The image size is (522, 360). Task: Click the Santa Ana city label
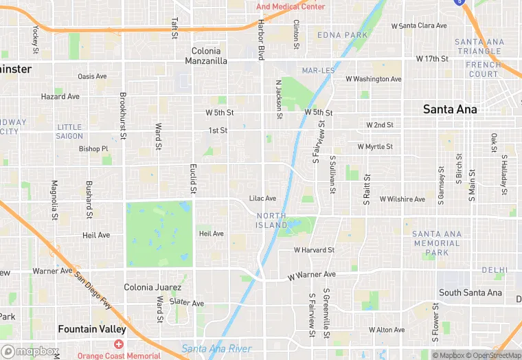coord(450,109)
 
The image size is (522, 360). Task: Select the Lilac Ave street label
coord(262,199)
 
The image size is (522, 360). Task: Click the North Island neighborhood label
coord(271,221)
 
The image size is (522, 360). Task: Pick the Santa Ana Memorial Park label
coord(437,243)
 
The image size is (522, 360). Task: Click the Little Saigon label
coord(69,131)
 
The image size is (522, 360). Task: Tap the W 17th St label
coord(432,59)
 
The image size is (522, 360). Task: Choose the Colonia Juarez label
coord(152,287)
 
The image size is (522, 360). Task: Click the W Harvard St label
coord(314,250)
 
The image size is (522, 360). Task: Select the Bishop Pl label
coord(93,148)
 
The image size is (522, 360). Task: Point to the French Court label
coord(483,69)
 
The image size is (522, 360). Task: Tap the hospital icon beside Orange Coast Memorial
coord(119,344)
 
